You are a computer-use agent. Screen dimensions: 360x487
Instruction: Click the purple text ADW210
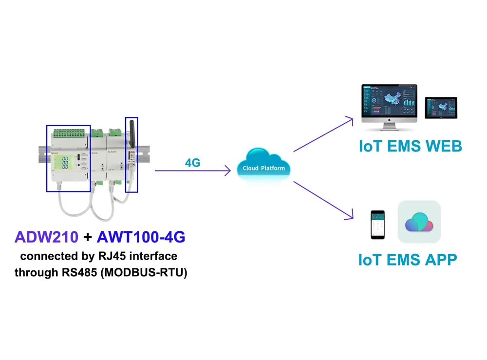(46, 237)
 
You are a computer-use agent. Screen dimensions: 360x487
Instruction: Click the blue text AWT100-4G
(141, 237)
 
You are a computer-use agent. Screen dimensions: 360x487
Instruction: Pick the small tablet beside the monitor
(441, 108)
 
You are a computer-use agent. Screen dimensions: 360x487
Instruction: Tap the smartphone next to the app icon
(377, 225)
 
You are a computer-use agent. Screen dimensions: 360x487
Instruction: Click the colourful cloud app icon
(419, 222)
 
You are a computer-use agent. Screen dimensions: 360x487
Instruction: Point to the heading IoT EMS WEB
(410, 146)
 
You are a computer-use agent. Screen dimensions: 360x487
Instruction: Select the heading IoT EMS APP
(408, 260)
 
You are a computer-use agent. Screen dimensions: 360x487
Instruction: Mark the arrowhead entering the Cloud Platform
(227, 171)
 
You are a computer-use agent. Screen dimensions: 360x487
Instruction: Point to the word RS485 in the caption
(79, 272)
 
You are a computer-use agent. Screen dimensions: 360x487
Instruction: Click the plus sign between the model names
(88, 238)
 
